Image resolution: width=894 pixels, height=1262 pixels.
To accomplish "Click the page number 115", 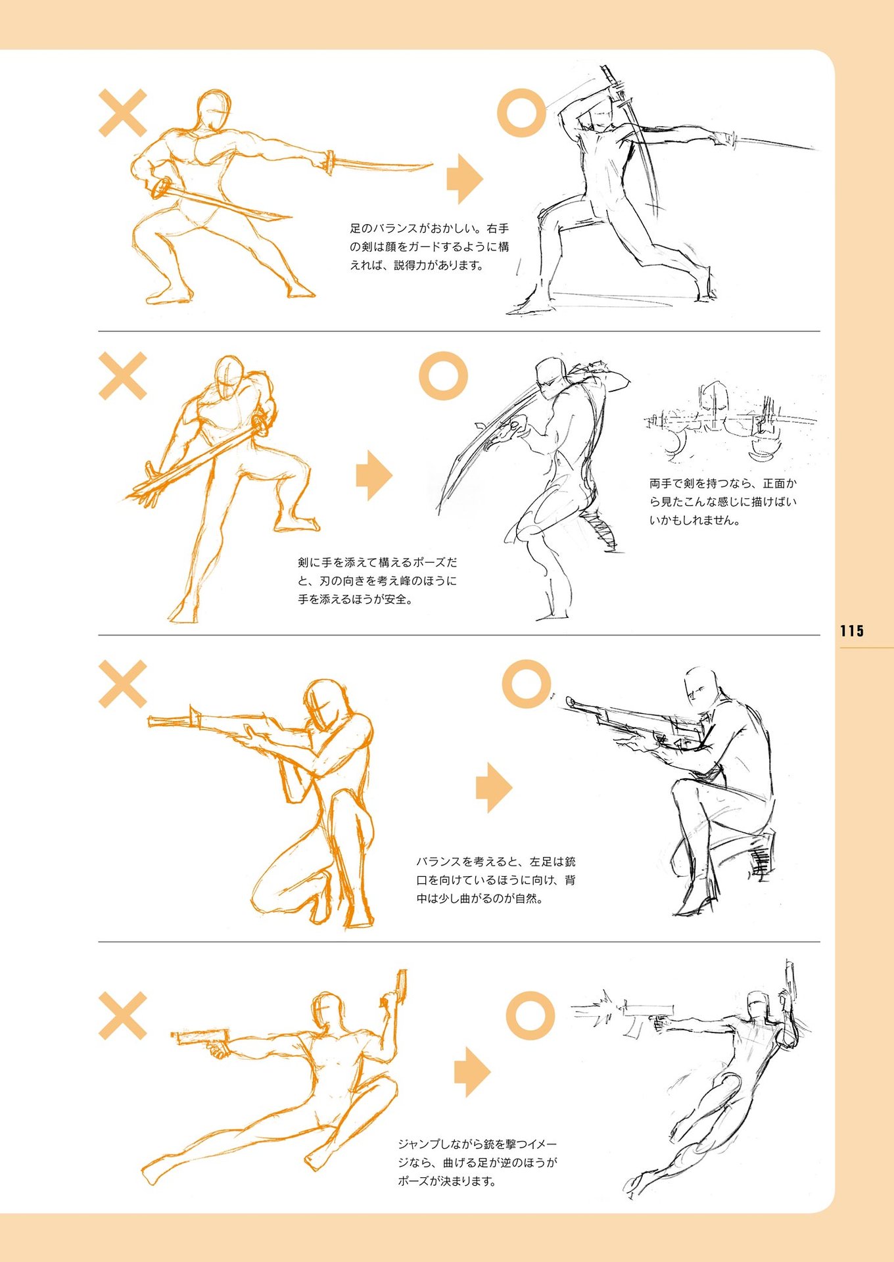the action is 851,631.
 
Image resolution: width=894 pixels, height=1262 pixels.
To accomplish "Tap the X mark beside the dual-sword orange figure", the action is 122,113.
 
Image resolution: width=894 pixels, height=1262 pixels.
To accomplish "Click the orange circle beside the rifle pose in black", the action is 526,684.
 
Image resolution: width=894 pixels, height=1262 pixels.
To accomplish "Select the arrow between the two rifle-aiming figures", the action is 494,787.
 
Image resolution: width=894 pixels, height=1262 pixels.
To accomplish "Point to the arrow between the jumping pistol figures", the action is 472,1071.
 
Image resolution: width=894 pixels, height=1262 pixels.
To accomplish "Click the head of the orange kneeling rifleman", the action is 327,704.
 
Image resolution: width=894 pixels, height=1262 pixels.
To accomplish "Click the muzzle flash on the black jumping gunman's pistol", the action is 597,1012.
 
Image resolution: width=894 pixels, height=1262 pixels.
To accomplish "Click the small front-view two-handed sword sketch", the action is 730,421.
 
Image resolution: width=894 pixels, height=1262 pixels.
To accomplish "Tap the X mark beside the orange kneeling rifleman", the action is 122,684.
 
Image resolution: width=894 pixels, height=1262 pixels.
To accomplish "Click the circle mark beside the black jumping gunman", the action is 530,1016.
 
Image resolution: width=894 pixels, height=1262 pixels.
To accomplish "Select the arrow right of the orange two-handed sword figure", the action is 374,475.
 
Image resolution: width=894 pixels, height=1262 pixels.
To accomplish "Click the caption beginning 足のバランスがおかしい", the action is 429,247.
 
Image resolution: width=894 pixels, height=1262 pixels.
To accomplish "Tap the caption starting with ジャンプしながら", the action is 477,1163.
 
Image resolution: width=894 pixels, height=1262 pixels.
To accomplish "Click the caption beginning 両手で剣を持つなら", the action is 723,502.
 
